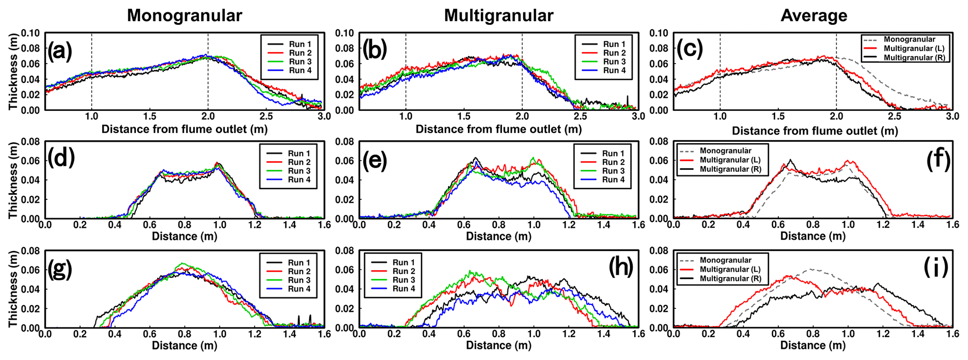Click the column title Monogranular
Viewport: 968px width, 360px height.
(x=185, y=15)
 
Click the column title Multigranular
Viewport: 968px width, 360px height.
(x=498, y=15)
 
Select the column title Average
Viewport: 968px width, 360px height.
(x=813, y=15)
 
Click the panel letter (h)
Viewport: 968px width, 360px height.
(x=621, y=267)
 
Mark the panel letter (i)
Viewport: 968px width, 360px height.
(x=936, y=267)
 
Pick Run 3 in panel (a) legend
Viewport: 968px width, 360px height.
(x=300, y=62)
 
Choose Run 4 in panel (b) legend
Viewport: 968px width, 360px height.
(x=614, y=71)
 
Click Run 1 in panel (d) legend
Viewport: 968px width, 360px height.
(x=299, y=154)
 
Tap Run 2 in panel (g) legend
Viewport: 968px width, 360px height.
(x=299, y=272)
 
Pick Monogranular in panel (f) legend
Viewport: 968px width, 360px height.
(x=725, y=151)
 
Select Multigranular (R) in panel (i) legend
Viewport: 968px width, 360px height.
(x=731, y=279)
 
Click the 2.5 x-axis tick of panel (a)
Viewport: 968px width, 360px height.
(x=266, y=116)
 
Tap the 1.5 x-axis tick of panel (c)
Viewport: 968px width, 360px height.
(x=778, y=116)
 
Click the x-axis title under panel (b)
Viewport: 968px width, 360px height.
(x=498, y=129)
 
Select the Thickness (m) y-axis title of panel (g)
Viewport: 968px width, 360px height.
(x=13, y=289)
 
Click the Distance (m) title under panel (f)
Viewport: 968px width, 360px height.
(x=813, y=236)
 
